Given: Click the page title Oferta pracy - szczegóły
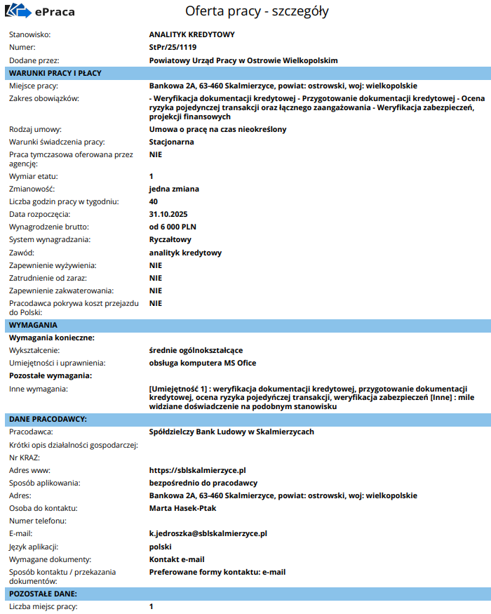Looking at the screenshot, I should [257, 11].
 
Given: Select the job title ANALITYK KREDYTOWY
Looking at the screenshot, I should [191, 34].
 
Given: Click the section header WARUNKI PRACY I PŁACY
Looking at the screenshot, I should [55, 73].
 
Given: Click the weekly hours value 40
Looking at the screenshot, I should [154, 201].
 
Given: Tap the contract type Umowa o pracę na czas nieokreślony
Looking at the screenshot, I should [217, 129].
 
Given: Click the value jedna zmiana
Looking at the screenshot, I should [174, 189].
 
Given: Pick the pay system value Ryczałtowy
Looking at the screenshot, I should [170, 239].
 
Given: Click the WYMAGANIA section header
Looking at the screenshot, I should [33, 325].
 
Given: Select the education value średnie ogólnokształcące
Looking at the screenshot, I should [196, 350].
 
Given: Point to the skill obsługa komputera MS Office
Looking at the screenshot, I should [203, 363].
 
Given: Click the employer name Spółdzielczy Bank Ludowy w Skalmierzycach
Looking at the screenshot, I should [231, 432].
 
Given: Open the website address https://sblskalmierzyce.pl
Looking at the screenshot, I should [197, 470].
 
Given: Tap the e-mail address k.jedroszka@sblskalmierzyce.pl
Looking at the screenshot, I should [208, 533].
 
